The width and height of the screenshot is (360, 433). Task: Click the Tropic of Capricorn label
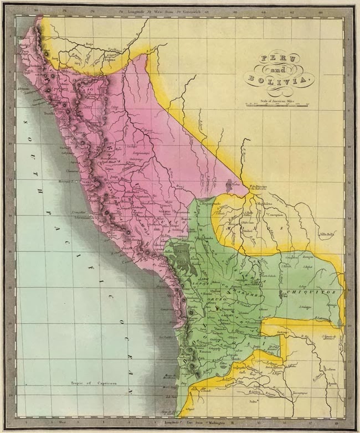[84, 383]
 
